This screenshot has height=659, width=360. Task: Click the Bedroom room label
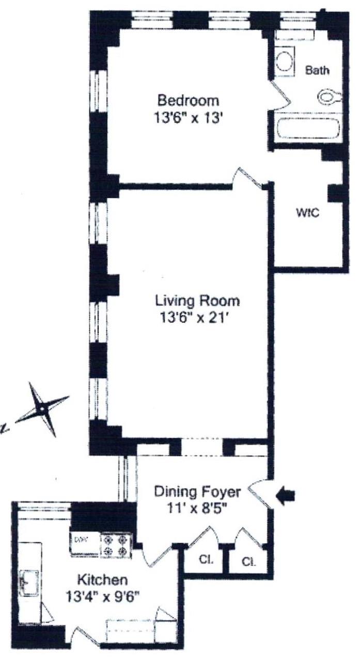tap(188, 101)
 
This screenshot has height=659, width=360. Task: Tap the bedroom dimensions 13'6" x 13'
tap(187, 118)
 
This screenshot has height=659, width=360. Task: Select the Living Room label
tap(197, 301)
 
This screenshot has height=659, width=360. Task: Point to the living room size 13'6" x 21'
tap(194, 318)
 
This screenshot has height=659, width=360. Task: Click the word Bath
tap(317, 70)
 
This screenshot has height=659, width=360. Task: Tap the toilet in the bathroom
tap(330, 96)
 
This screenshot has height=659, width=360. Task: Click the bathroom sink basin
tap(284, 61)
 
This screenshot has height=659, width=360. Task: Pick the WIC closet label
tap(307, 212)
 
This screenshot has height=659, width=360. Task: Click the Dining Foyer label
tap(197, 492)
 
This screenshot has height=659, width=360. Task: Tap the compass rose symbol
tap(43, 409)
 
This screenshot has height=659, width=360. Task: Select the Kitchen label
tap(102, 580)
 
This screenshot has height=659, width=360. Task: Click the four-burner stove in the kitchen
tap(117, 545)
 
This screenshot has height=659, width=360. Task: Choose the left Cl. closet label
tap(206, 559)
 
